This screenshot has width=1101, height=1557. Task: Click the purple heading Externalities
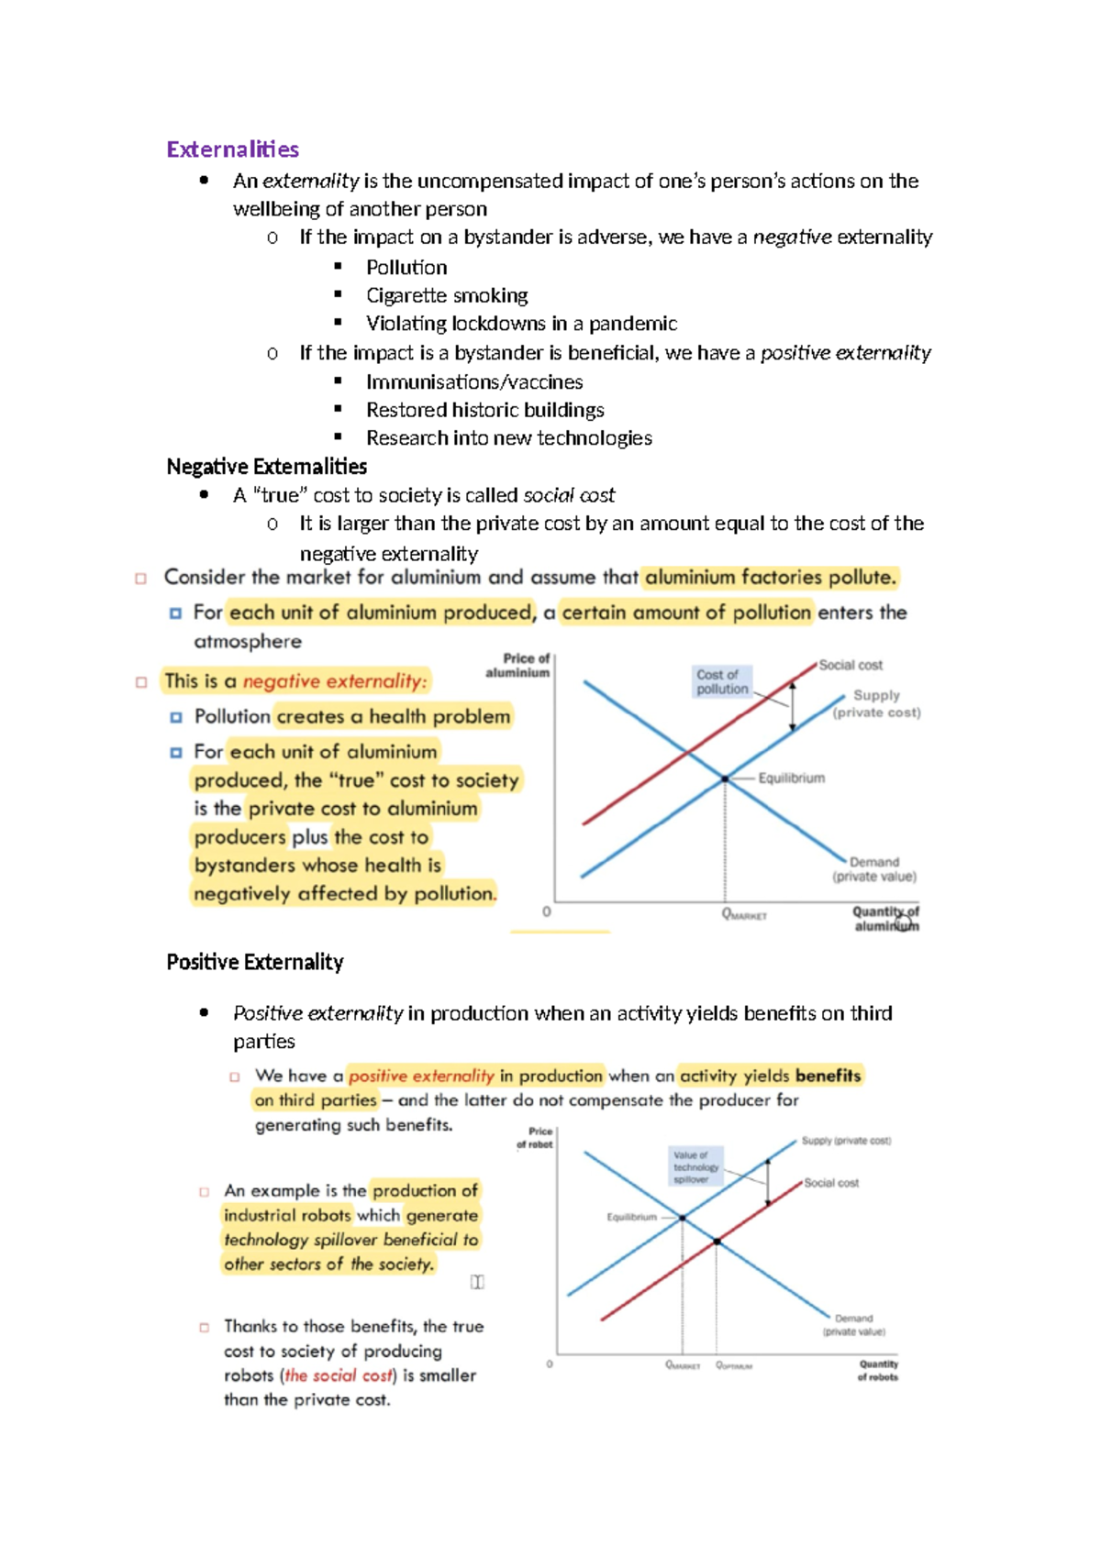pos(233,149)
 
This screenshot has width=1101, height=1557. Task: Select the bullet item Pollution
pos(406,267)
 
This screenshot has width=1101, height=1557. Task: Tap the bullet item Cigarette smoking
pos(447,295)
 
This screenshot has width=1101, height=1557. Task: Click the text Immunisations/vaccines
pos(474,381)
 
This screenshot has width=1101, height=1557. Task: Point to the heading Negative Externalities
pos(266,467)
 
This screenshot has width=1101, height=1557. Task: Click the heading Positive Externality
pos(255,962)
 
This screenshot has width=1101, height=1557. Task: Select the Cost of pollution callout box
pos(722,681)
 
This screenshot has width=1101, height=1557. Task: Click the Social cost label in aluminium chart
pos(851,665)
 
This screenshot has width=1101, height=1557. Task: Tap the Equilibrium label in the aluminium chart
pos(791,778)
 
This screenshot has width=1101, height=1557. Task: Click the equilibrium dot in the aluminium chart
pos(725,778)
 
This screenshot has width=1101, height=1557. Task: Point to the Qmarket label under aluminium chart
pos(744,914)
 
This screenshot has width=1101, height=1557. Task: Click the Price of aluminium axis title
pos(518,665)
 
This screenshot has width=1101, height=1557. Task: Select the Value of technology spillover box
pos(696,1166)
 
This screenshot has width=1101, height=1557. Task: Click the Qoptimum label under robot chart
pos(734,1365)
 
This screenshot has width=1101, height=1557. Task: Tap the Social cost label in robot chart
pos(831,1183)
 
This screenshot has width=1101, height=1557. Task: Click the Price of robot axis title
pos(535,1137)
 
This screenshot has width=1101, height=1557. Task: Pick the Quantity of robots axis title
pos(878,1370)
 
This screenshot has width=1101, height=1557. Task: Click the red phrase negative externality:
pos(335,681)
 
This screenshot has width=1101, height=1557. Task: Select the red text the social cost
pos(339,1375)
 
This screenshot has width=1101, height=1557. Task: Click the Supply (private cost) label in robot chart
pos(846,1141)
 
